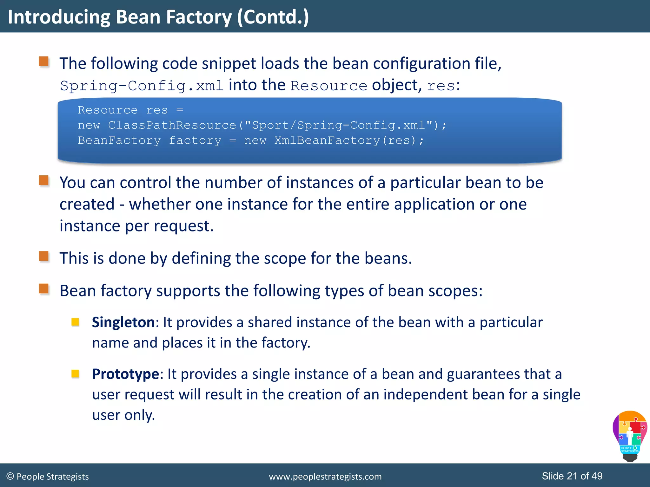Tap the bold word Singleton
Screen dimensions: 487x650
123,322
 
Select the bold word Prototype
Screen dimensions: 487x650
125,374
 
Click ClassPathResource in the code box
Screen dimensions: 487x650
172,125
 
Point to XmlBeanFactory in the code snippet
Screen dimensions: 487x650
327,140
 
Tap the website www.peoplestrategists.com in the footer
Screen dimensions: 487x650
325,477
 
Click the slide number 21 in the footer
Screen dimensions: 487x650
572,476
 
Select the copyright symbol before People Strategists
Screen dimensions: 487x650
10,477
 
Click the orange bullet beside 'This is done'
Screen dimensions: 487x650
44,256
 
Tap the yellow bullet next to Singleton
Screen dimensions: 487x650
75,322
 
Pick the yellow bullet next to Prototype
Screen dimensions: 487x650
75,374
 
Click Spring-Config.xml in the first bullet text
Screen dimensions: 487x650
142,86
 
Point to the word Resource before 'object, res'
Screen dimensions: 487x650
329,86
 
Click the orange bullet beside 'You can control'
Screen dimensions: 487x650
44,181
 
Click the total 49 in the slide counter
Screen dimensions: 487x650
597,476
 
